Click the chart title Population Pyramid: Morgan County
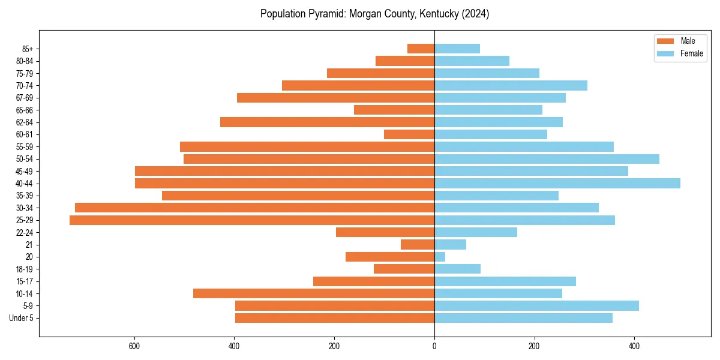pyautogui.click(x=374, y=14)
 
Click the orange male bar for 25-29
pyautogui.click(x=252, y=220)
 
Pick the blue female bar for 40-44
pyautogui.click(x=557, y=183)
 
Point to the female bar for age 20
pyautogui.click(x=440, y=257)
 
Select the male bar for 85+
pyautogui.click(x=421, y=49)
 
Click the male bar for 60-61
pyautogui.click(x=409, y=134)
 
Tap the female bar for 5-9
pyautogui.click(x=536, y=305)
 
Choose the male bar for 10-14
pyautogui.click(x=314, y=293)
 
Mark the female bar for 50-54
pyautogui.click(x=547, y=159)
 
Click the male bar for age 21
pyautogui.click(x=418, y=244)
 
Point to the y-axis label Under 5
pyautogui.click(x=21, y=318)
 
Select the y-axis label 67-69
pyautogui.click(x=24, y=98)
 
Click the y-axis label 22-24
pyautogui.click(x=24, y=233)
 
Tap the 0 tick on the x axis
pyautogui.click(x=434, y=346)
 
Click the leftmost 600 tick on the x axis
pyautogui.click(x=134, y=346)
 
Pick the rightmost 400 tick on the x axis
pyautogui.click(x=634, y=346)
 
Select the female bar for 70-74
pyautogui.click(x=511, y=85)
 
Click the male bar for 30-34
pyautogui.click(x=254, y=208)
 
